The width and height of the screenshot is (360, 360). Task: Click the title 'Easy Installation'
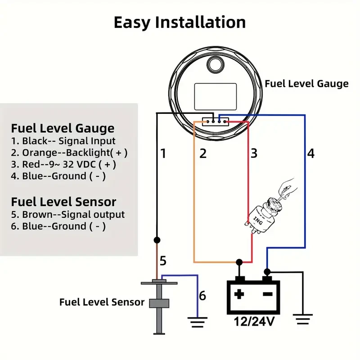[x=180, y=22]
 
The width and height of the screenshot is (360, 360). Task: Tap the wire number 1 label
[x=163, y=154]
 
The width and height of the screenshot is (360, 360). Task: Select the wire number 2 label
[x=203, y=154]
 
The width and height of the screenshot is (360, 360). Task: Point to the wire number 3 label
[x=254, y=154]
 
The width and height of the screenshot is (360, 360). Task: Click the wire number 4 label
[x=311, y=154]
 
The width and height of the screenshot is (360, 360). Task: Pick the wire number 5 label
[x=163, y=261]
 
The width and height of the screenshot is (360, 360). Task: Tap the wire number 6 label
[x=202, y=296]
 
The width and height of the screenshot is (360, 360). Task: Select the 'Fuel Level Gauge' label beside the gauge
[x=306, y=84]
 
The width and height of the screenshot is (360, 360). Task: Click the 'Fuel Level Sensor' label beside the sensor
[x=102, y=302]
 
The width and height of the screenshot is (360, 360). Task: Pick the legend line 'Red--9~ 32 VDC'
[x=68, y=164]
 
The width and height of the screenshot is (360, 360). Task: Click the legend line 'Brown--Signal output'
[x=68, y=215]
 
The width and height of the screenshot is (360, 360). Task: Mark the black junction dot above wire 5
[x=157, y=240]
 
